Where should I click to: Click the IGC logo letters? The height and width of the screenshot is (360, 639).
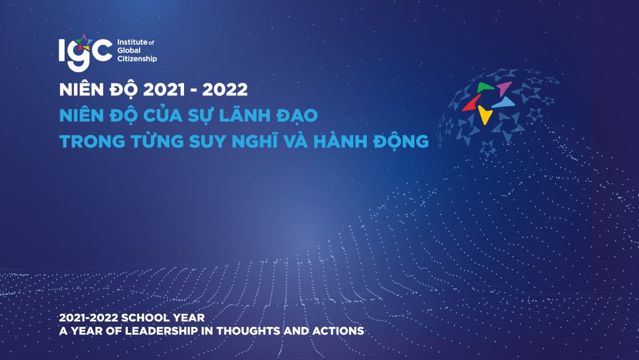click(x=85, y=51)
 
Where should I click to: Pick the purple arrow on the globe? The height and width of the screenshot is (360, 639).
click(x=504, y=89)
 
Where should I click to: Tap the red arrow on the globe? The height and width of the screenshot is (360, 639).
click(x=472, y=102)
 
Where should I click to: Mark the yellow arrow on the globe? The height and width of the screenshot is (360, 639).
click(x=485, y=114)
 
